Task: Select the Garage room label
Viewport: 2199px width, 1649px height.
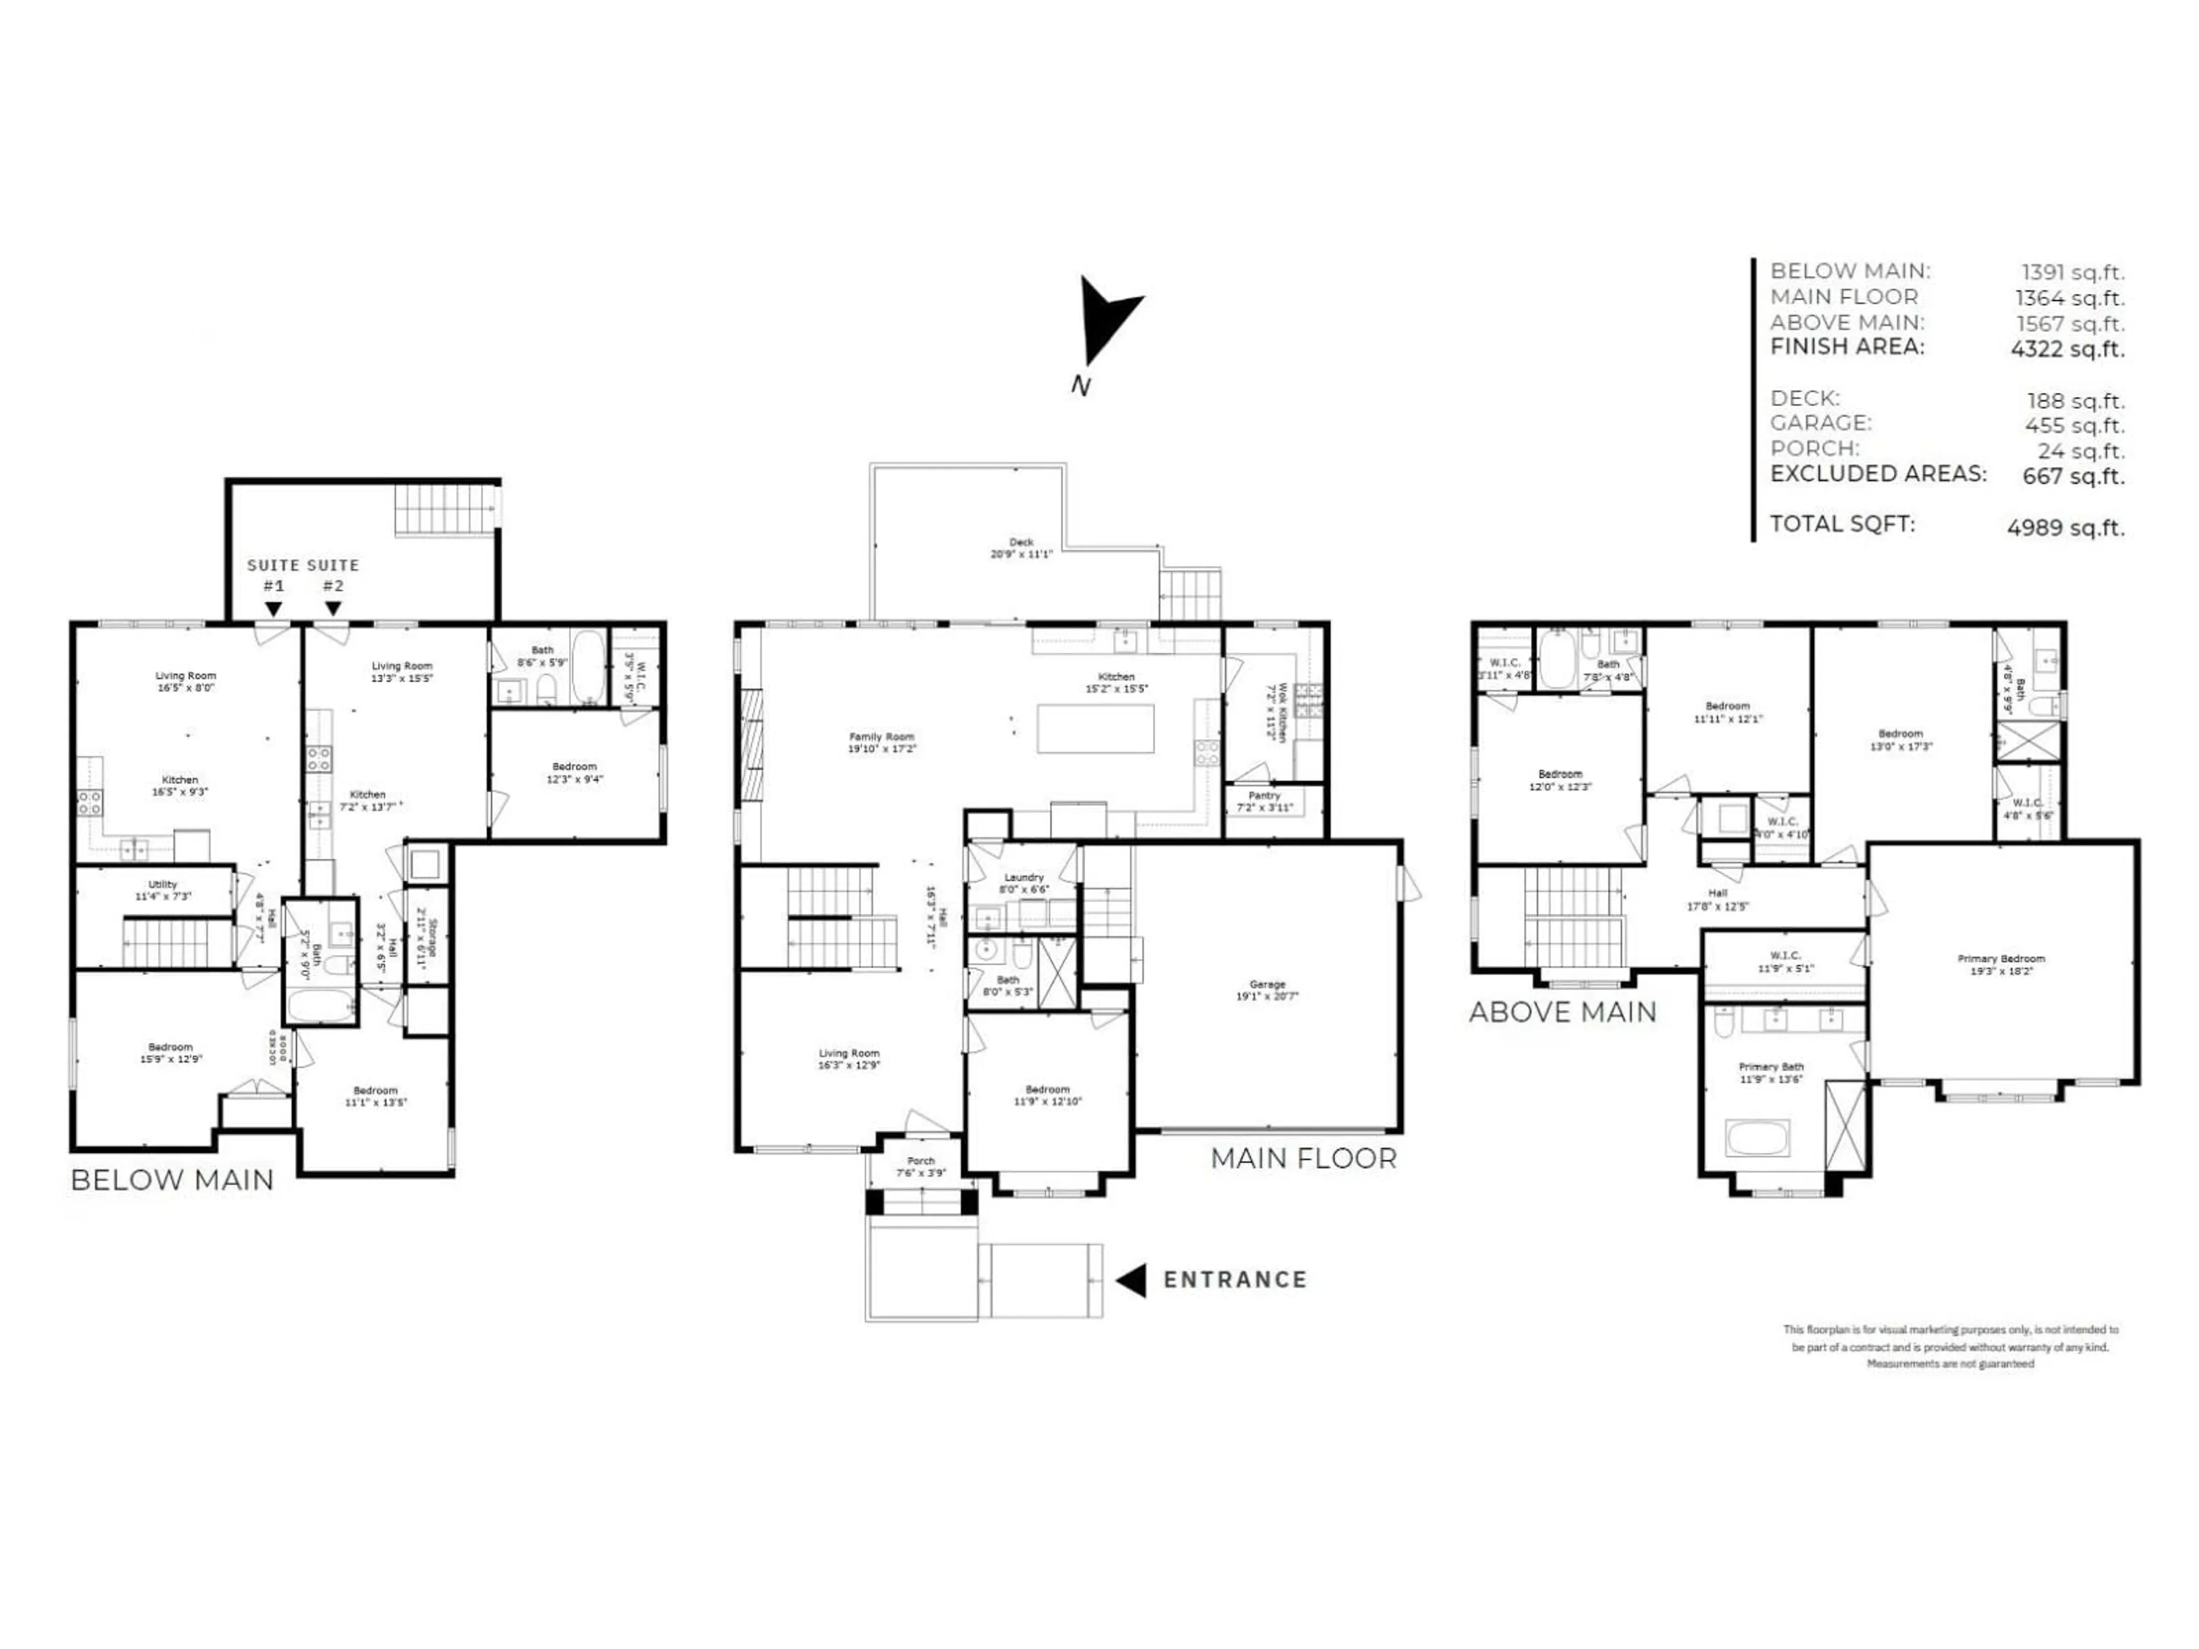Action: [1267, 989]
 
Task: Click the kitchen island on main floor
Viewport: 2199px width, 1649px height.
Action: [1095, 728]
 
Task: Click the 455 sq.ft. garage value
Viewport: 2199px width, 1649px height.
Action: [2075, 425]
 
